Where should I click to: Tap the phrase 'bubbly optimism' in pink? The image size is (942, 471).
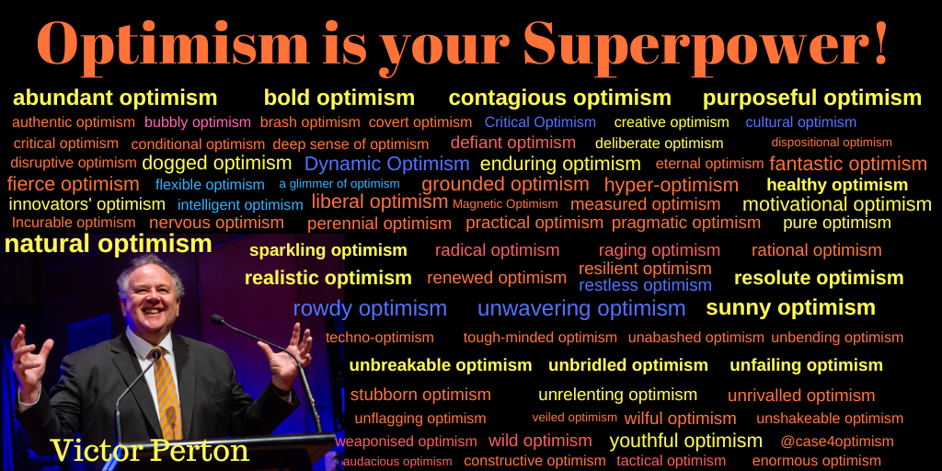pyautogui.click(x=197, y=122)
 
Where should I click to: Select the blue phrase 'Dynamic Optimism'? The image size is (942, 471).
pyautogui.click(x=386, y=165)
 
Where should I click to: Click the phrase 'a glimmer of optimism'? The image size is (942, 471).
pyautogui.click(x=339, y=184)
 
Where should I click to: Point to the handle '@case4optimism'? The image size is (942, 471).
pyautogui.click(x=836, y=442)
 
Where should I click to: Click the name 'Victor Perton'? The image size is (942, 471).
pyautogui.click(x=149, y=451)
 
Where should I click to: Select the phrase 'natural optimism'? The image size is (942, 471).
pyautogui.click(x=108, y=245)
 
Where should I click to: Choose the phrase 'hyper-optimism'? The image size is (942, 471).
pyautogui.click(x=671, y=185)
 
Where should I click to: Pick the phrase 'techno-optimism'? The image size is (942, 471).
pyautogui.click(x=379, y=338)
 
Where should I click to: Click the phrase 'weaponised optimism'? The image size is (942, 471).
pyautogui.click(x=406, y=442)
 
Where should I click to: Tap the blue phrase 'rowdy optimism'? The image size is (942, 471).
pyautogui.click(x=370, y=309)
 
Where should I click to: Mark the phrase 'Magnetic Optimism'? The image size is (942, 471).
pyautogui.click(x=505, y=204)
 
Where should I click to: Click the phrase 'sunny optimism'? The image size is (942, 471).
pyautogui.click(x=790, y=308)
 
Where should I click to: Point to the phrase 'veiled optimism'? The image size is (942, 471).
pyautogui.click(x=574, y=418)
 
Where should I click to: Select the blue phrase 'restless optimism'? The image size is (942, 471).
pyautogui.click(x=645, y=286)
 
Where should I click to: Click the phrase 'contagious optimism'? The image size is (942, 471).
pyautogui.click(x=559, y=98)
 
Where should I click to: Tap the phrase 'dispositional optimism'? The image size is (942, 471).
pyautogui.click(x=832, y=143)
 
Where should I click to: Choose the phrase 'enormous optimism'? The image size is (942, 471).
pyautogui.click(x=816, y=461)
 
